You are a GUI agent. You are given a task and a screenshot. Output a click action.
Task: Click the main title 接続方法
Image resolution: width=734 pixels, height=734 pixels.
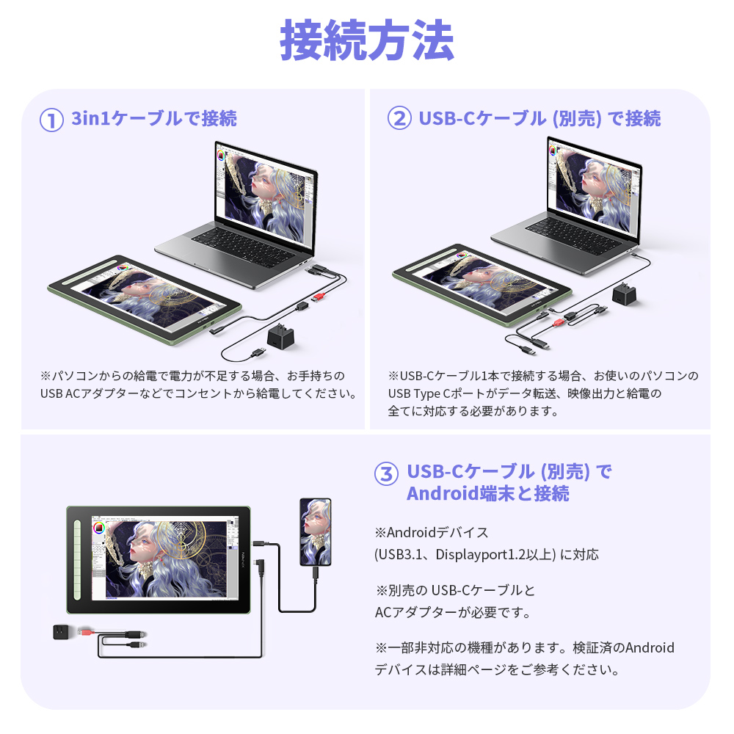point(367,40)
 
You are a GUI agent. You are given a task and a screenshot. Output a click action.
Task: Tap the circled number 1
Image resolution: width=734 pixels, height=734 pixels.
point(51,120)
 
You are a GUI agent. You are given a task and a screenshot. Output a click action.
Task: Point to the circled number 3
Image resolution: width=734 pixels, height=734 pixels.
point(386,473)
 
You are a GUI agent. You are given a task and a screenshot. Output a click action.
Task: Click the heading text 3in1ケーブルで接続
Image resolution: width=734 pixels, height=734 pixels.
point(154,119)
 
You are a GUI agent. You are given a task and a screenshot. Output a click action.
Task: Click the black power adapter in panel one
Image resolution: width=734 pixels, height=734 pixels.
point(280,338)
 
